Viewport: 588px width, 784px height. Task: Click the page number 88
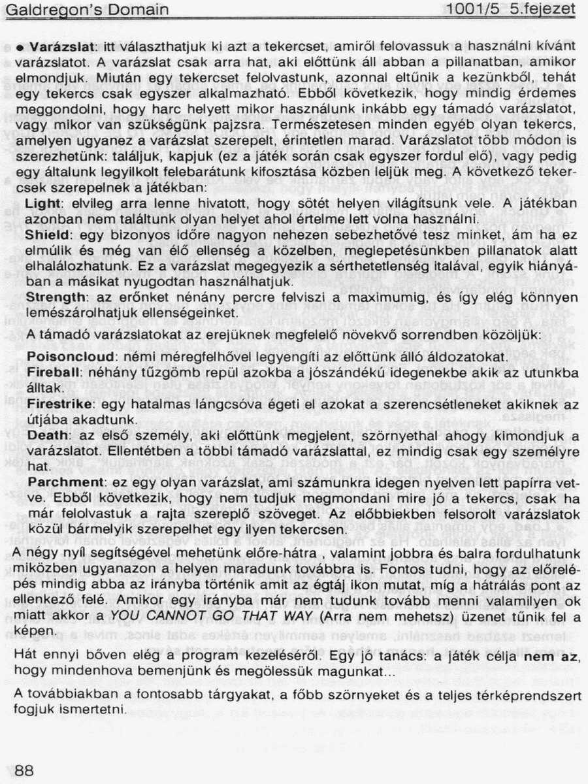pyautogui.click(x=24, y=770)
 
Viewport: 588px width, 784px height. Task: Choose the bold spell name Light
pyautogui.click(x=42, y=204)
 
